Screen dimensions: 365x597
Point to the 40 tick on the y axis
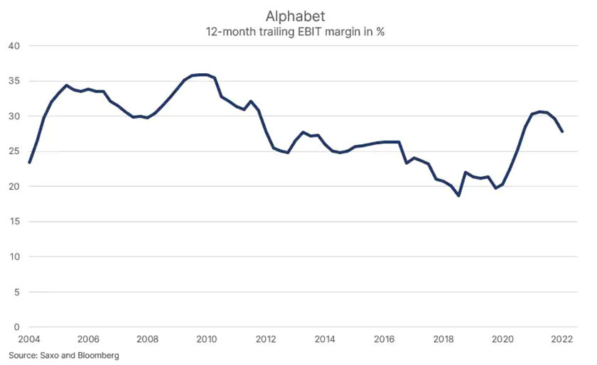click(x=14, y=46)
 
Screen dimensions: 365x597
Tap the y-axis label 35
click(x=14, y=81)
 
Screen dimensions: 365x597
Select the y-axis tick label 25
click(x=14, y=151)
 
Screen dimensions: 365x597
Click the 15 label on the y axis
click(x=14, y=222)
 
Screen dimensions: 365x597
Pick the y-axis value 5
click(x=16, y=292)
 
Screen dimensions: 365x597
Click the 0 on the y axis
click(x=16, y=327)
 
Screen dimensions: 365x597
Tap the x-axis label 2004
click(x=29, y=339)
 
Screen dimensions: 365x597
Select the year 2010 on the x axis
click(x=207, y=339)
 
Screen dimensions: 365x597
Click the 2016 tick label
click(x=384, y=339)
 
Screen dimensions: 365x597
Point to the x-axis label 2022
click(x=561, y=339)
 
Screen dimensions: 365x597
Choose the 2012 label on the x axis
click(x=266, y=339)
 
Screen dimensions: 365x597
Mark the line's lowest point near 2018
click(x=459, y=195)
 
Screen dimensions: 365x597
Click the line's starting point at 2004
click(x=29, y=163)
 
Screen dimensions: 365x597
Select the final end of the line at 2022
click(x=562, y=131)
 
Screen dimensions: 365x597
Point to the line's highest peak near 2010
click(x=204, y=75)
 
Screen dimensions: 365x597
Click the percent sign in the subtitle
click(x=380, y=31)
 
